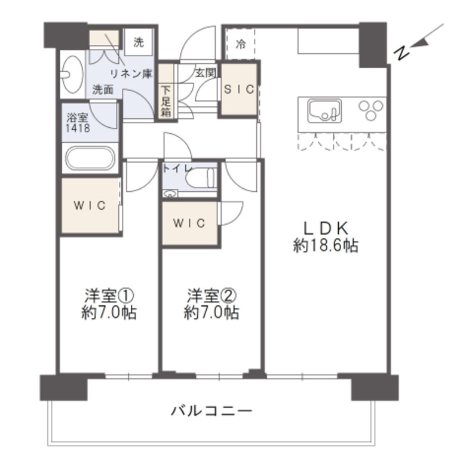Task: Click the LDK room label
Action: pyautogui.click(x=326, y=228)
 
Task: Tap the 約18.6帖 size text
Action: pyautogui.click(x=326, y=246)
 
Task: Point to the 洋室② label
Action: pyautogui.click(x=211, y=295)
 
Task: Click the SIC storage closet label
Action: pyautogui.click(x=239, y=89)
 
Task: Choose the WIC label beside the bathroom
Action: pyautogui.click(x=90, y=206)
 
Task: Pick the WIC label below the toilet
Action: pyautogui.click(x=190, y=223)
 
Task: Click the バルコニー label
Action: pyautogui.click(x=211, y=412)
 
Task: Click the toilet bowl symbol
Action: pyautogui.click(x=200, y=177)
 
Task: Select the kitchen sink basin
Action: pyautogui.click(x=324, y=111)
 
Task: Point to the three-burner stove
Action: pyautogui.click(x=371, y=110)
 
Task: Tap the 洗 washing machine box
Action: pyautogui.click(x=139, y=42)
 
